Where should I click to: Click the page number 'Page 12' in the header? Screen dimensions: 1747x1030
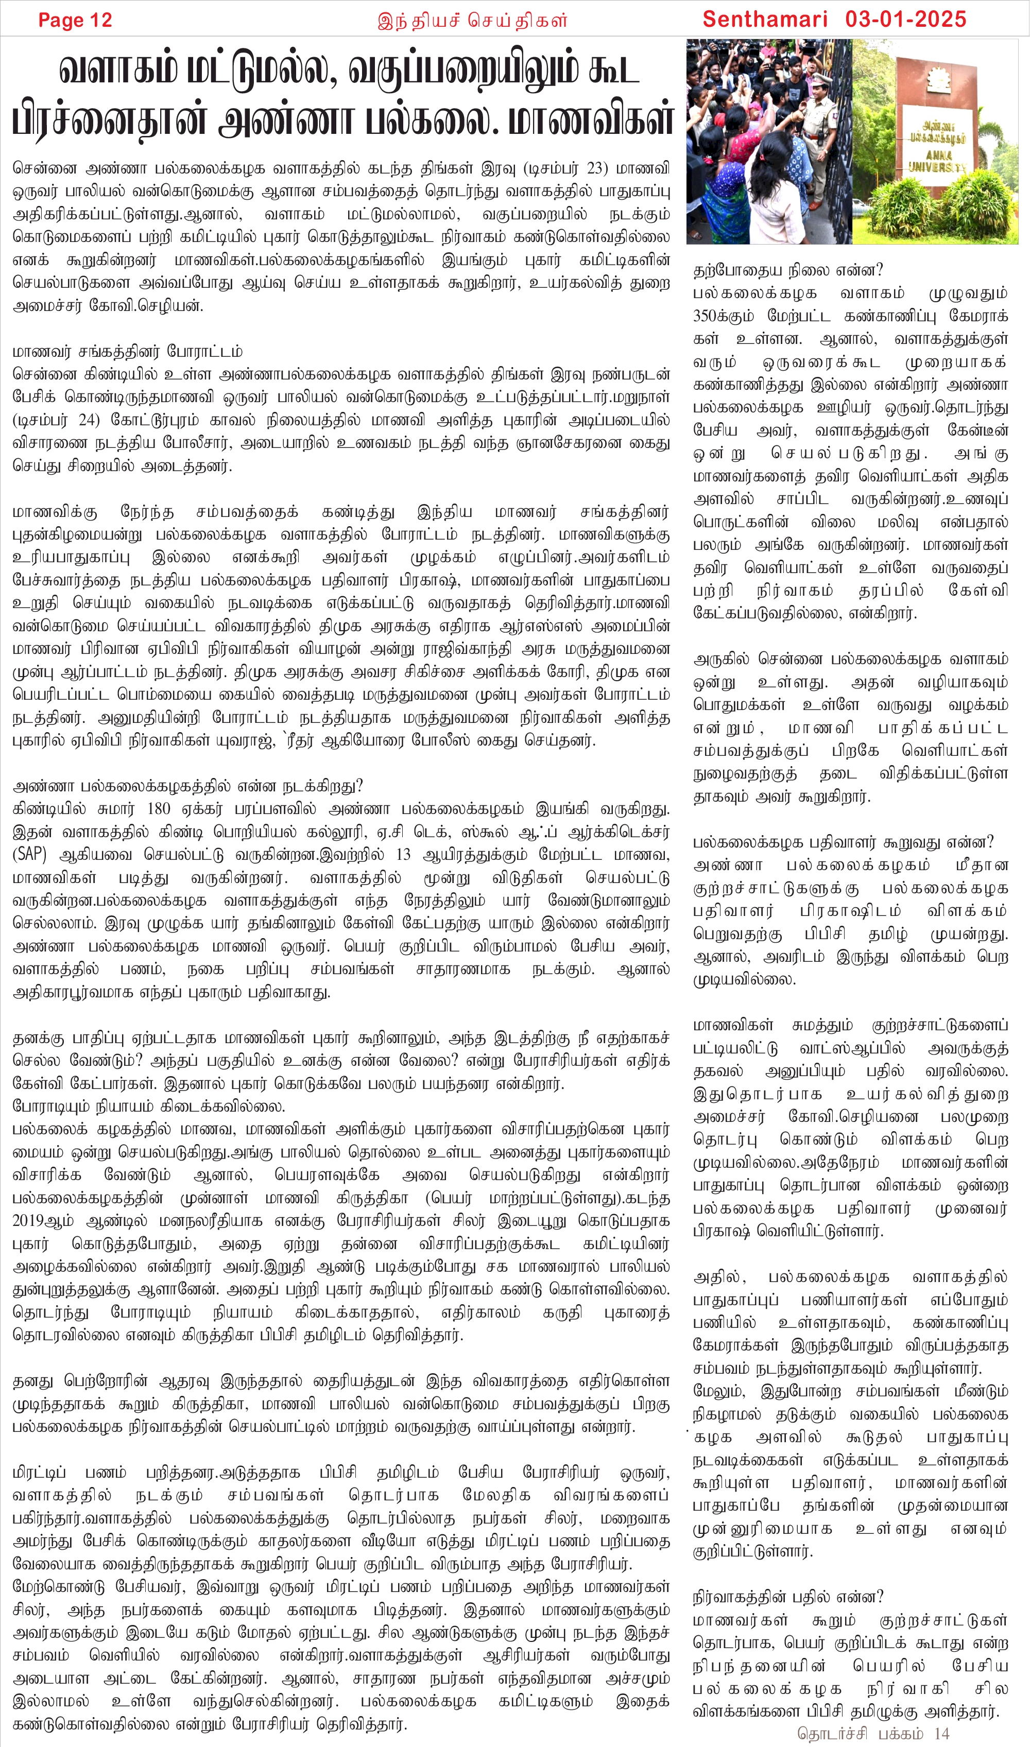coord(75,20)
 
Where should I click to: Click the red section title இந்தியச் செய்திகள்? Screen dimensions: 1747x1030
coord(472,21)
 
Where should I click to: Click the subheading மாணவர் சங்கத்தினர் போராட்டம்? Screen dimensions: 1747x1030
coord(127,352)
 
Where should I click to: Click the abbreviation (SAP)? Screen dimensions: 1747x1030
coord(29,855)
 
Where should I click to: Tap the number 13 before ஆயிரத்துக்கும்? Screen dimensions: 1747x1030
coord(404,855)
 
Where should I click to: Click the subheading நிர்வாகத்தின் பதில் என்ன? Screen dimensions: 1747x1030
coord(788,1597)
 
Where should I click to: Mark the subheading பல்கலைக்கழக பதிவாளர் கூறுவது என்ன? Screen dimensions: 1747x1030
coord(843,843)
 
